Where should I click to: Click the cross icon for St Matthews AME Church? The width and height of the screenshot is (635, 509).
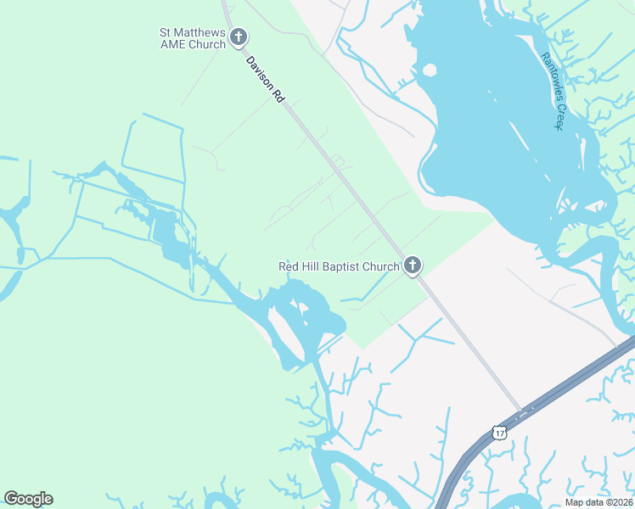pyautogui.click(x=239, y=37)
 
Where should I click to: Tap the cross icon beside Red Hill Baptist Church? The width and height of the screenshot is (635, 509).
pyautogui.click(x=413, y=266)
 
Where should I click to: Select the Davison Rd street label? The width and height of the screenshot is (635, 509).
pyautogui.click(x=264, y=81)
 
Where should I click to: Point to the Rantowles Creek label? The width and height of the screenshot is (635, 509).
pyautogui.click(x=553, y=92)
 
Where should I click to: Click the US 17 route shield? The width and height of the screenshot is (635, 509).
pyautogui.click(x=499, y=433)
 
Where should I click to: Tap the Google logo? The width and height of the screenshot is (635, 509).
pyautogui.click(x=28, y=498)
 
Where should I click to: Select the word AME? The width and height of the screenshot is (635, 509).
pyautogui.click(x=172, y=44)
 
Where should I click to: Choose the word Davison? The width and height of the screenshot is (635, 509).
pyautogui.click(x=258, y=72)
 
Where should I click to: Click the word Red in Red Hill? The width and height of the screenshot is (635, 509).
pyautogui.click(x=289, y=266)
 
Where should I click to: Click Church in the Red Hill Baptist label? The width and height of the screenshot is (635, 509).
pyautogui.click(x=380, y=266)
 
